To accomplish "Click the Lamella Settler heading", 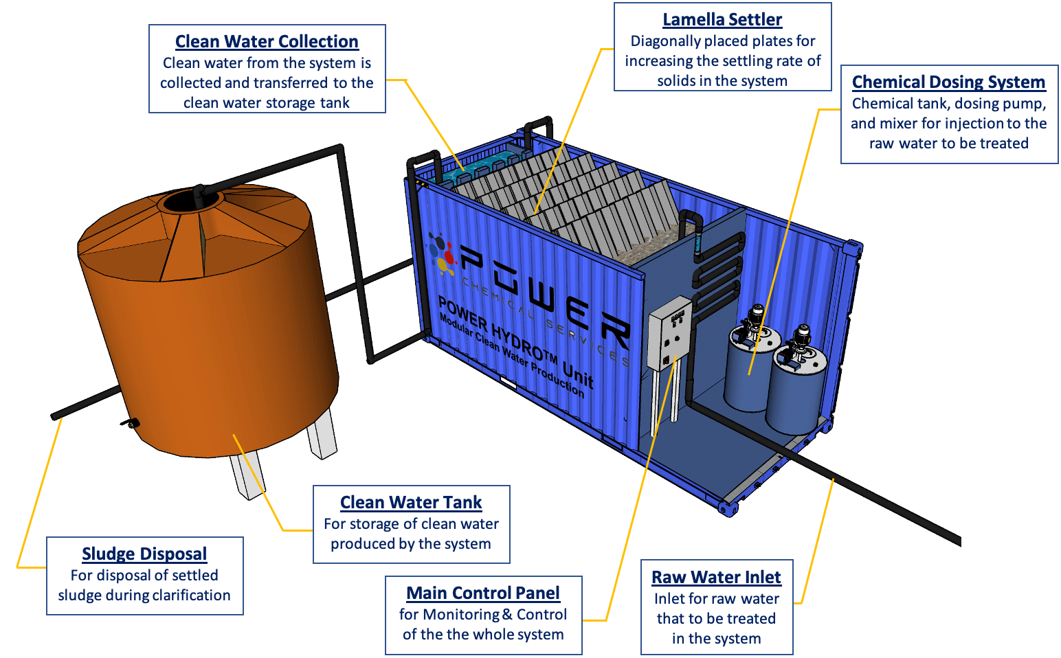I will tap(722, 20).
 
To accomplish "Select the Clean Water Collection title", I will tap(267, 42).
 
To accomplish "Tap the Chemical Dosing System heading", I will tap(948, 82).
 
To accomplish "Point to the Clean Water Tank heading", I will tap(411, 503).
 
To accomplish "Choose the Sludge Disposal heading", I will tap(144, 554).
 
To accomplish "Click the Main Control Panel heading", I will tap(483, 593).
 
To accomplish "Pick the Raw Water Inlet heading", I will tap(716, 578).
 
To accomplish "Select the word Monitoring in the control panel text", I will tap(467, 615).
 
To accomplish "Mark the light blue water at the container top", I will tap(481, 164).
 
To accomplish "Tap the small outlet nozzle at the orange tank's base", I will tap(131, 423).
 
